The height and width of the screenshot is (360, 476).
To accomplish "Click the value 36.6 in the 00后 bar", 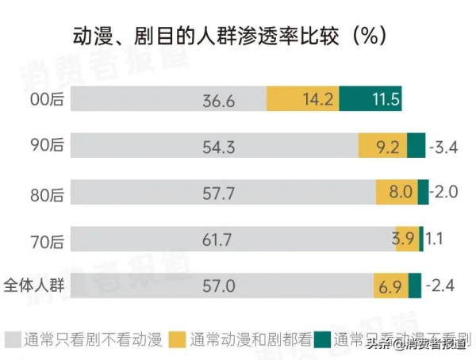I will tap(219, 101).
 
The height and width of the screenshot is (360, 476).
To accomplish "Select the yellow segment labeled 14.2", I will tap(303, 101).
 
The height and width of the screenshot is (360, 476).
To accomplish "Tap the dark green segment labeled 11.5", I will tap(370, 101).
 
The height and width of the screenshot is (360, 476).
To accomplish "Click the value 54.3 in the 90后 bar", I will tap(219, 147).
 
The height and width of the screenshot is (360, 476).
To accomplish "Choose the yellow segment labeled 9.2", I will tap(382, 147).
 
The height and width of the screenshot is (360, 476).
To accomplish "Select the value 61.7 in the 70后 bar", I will tap(219, 238).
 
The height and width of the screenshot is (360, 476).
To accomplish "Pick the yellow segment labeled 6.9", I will tap(390, 285).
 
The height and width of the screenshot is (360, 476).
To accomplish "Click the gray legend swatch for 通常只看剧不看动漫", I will tap(12, 340).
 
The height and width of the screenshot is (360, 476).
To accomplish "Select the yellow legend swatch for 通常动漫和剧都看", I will tap(177, 340).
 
